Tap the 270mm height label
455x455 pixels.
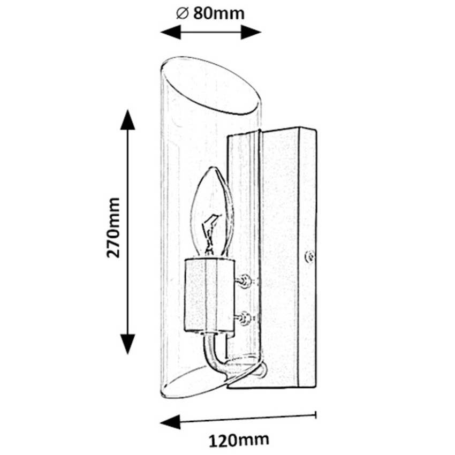click(114, 227)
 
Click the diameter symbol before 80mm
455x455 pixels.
click(181, 13)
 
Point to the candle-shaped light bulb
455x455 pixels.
click(213, 214)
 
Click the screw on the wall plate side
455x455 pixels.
click(308, 257)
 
